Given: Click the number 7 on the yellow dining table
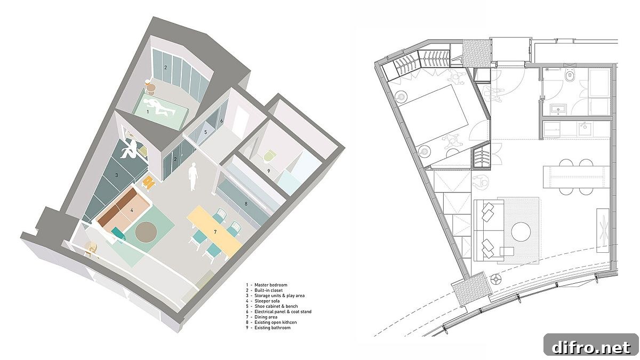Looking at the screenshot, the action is coord(215,232).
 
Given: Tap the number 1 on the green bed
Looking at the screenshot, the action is coord(148,111).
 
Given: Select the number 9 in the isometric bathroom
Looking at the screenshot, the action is coord(269,171).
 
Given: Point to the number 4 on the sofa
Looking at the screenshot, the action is coord(132,210).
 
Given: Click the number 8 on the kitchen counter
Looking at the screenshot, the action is coord(246,204).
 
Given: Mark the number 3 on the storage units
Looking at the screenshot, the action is coord(117,175).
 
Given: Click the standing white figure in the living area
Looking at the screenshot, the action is coord(194,177).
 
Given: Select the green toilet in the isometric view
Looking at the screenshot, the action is coord(269,157).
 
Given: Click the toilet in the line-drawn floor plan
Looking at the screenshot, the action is coord(570,75).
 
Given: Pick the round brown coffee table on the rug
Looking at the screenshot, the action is coord(146,231).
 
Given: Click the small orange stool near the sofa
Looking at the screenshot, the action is coord(149,182).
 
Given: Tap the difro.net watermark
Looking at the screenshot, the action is coord(591,347).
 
